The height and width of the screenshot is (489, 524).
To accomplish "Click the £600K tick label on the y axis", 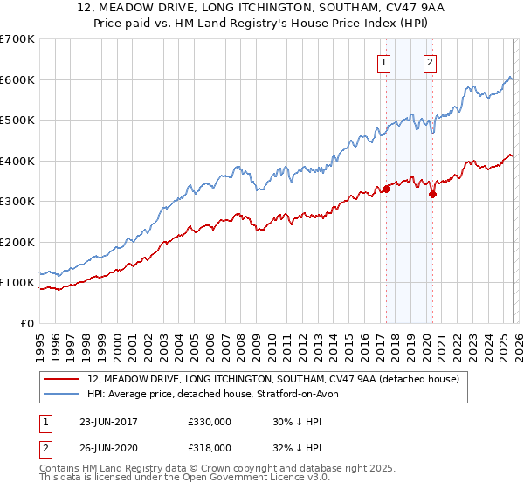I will click(17, 79).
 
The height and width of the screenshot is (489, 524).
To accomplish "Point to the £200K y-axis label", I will click(17, 242).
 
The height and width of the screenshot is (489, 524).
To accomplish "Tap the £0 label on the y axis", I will click(26, 323).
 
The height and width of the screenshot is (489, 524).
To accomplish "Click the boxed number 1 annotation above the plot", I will click(384, 62).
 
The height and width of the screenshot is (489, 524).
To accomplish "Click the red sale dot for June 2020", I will click(432, 194).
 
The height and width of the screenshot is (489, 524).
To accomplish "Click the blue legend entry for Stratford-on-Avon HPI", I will click(218, 394).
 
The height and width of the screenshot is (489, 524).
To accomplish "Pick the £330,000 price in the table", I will click(210, 421).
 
